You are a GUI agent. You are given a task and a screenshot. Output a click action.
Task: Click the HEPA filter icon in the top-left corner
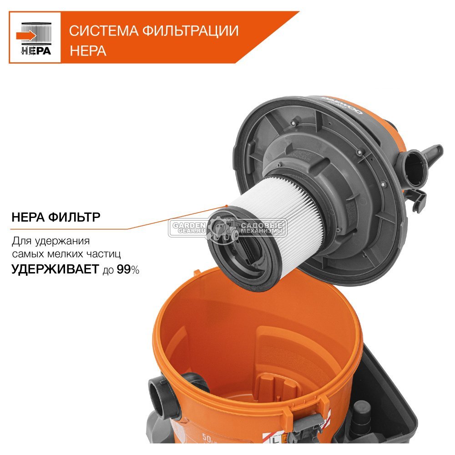35,36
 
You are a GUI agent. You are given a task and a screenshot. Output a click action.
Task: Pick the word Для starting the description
21,240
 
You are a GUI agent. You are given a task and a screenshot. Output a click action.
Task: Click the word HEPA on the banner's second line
88,50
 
